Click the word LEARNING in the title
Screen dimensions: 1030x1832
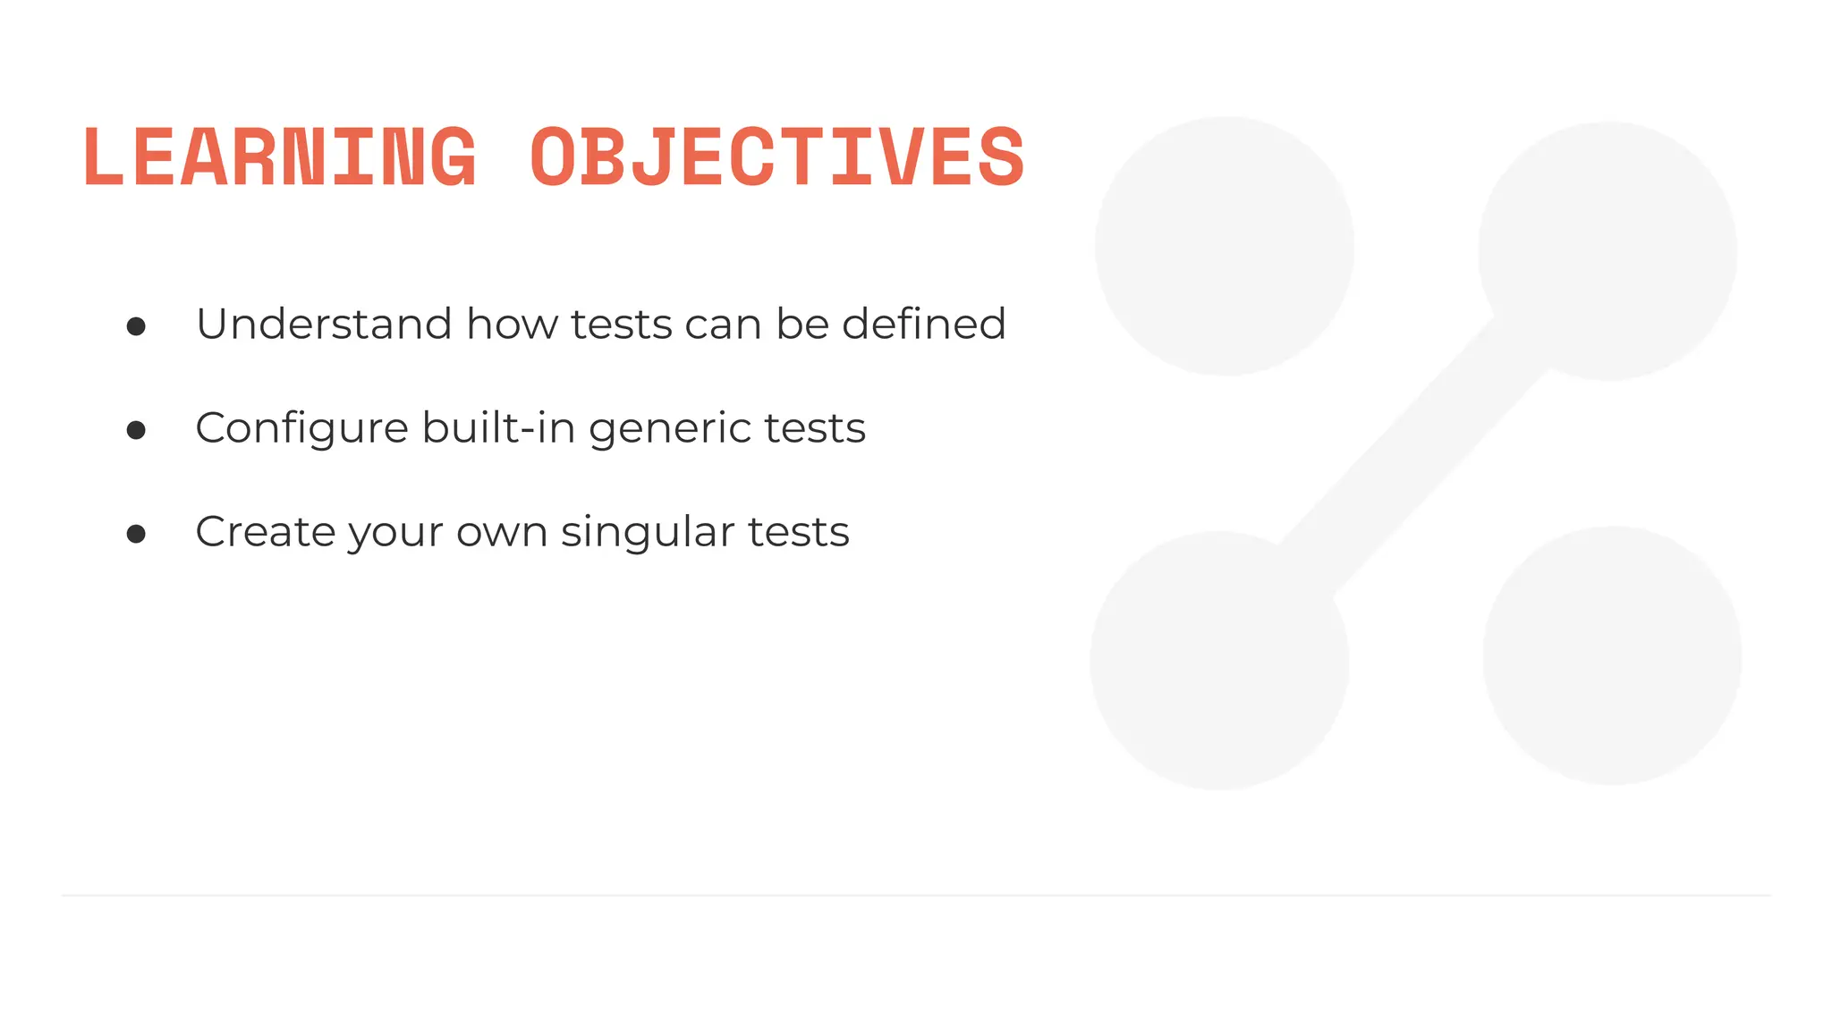coord(280,157)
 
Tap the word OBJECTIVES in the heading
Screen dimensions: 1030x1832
coord(776,157)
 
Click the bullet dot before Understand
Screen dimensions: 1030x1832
coord(136,326)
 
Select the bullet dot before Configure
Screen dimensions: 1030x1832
coord(136,431)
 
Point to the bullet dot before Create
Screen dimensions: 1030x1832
coord(136,535)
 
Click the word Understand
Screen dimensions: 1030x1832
coord(324,324)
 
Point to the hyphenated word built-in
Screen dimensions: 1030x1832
coord(498,426)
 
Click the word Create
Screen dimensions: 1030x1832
coord(265,531)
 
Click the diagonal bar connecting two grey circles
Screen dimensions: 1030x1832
coord(1413,456)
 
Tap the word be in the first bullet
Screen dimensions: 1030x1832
coord(801,324)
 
